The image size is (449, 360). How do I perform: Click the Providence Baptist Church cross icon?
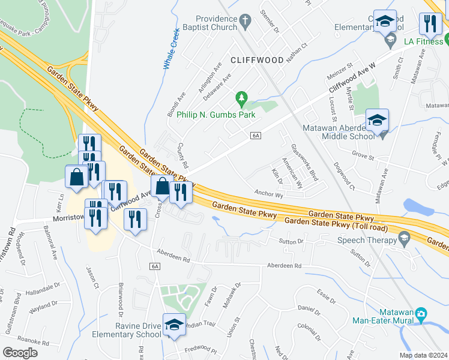(x=244, y=22)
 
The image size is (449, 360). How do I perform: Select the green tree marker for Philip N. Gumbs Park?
(x=241, y=97)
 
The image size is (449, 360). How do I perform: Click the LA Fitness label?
(x=422, y=41)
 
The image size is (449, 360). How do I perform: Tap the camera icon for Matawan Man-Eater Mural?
(x=421, y=314)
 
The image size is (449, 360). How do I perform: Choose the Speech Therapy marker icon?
(x=404, y=239)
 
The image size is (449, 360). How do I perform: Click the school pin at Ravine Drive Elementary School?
(x=173, y=325)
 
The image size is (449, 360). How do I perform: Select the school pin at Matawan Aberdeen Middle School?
(x=376, y=120)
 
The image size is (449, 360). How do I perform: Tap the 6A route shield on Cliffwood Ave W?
(x=256, y=136)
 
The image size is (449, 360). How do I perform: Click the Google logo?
(x=20, y=353)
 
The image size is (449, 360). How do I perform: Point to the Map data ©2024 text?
(x=423, y=355)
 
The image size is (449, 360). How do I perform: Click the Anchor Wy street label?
(x=268, y=194)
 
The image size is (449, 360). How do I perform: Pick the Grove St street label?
(x=363, y=155)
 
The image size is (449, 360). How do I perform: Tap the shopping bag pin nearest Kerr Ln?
(x=77, y=177)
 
